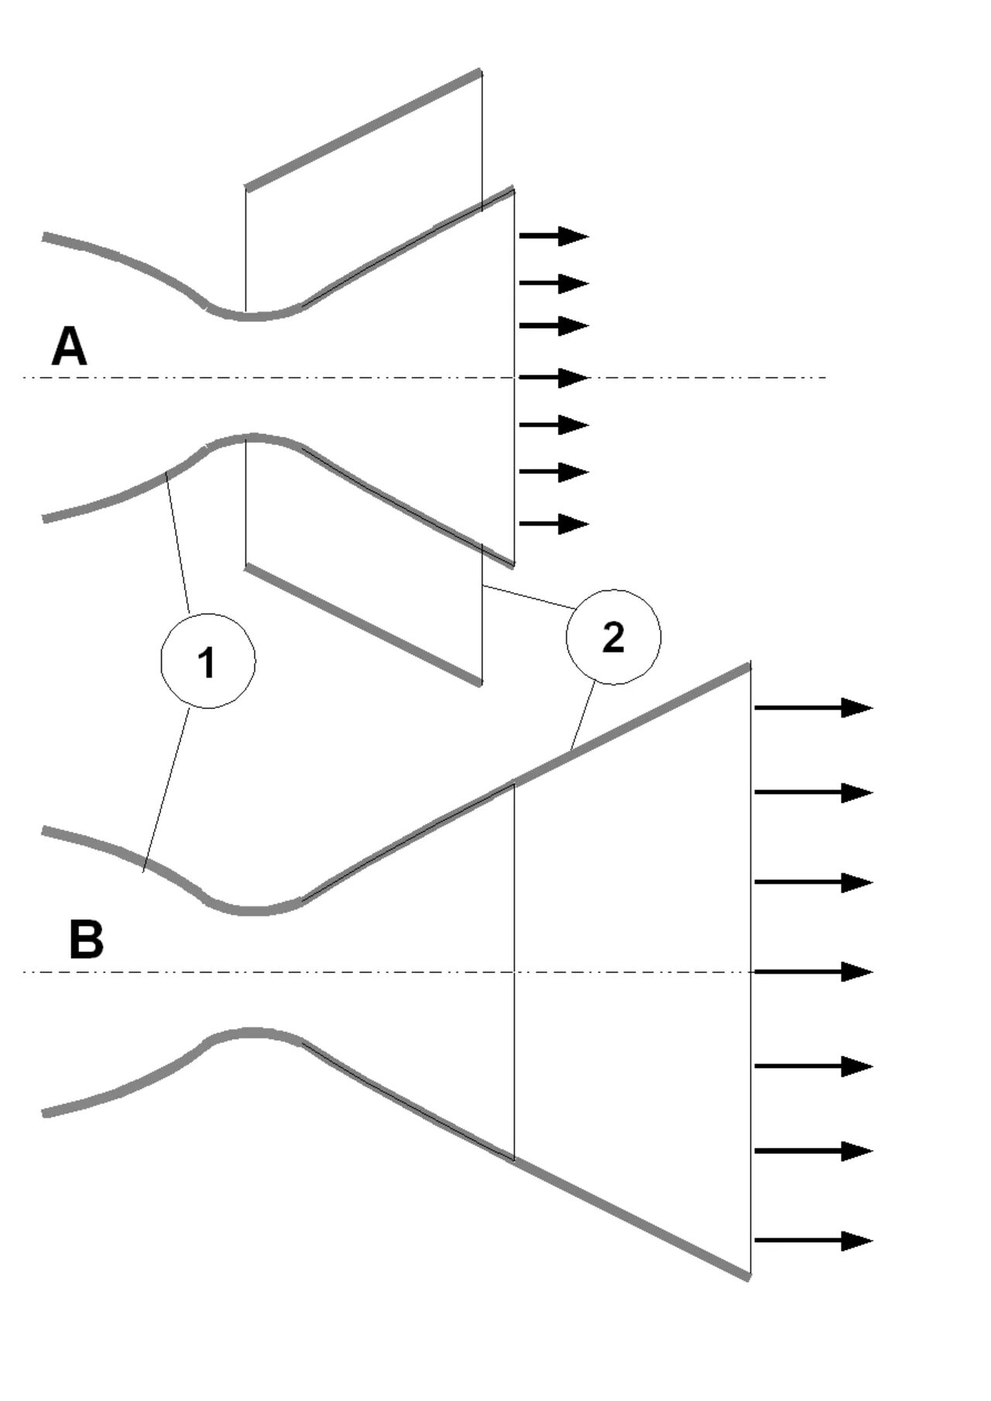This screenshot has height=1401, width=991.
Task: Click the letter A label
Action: [69, 347]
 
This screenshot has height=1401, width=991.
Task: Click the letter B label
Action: [86, 940]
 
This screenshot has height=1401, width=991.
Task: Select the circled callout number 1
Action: [207, 661]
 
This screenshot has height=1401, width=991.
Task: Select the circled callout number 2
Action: [613, 637]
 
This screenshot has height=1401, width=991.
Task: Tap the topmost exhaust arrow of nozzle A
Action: [554, 235]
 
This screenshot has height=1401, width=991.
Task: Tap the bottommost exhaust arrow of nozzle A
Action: [554, 524]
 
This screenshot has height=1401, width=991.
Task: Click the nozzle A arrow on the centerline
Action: [554, 378]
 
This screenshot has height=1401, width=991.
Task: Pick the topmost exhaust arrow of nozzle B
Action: [813, 707]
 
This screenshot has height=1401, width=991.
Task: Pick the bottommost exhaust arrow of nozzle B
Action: [813, 1241]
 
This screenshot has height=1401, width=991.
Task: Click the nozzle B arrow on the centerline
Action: [813, 971]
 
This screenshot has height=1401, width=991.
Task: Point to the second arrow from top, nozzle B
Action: [813, 792]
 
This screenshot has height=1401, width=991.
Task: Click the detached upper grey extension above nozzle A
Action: [364, 129]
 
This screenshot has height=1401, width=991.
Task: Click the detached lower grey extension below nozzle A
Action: [364, 625]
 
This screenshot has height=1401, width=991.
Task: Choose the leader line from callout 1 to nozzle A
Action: [178, 542]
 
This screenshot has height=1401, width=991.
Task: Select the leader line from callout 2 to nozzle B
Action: [582, 717]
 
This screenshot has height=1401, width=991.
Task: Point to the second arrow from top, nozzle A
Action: [554, 283]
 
